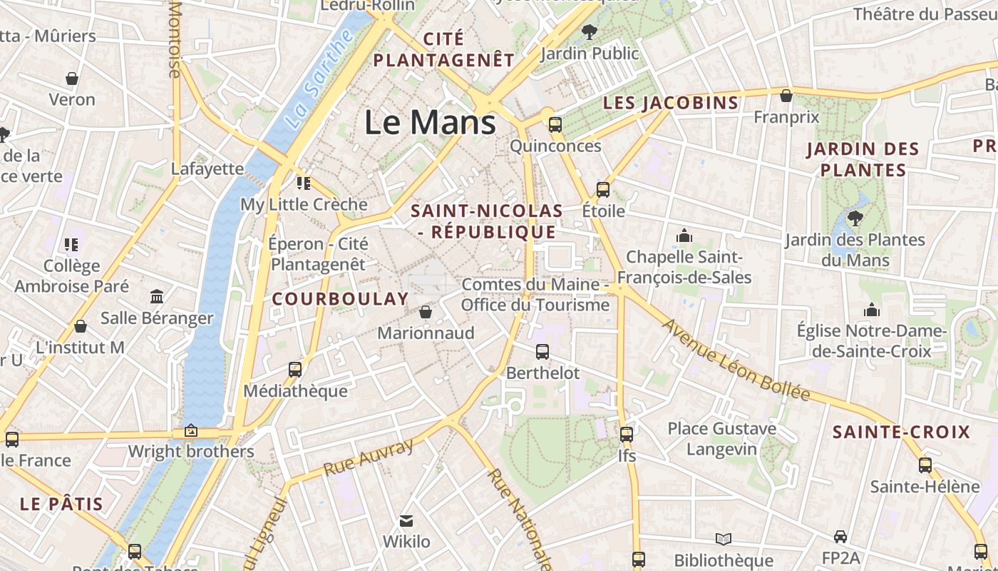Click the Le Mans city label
point(430,122)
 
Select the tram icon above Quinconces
point(555,125)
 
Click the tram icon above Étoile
point(603,189)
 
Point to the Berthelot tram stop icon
point(542,351)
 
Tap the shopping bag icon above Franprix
point(786,95)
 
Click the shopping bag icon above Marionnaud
point(426,312)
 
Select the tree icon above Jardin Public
point(589,31)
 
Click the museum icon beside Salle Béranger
point(157,296)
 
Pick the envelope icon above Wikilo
point(406,520)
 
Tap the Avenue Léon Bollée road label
point(737,360)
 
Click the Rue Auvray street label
point(369,458)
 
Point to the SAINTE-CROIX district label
point(901,432)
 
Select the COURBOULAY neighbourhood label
point(341,299)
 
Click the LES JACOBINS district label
point(671,103)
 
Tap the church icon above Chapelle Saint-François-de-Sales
point(684,235)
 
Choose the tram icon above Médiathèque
point(295,370)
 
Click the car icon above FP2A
point(840,536)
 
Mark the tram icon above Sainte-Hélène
point(925,465)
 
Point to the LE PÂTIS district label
point(61,504)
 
